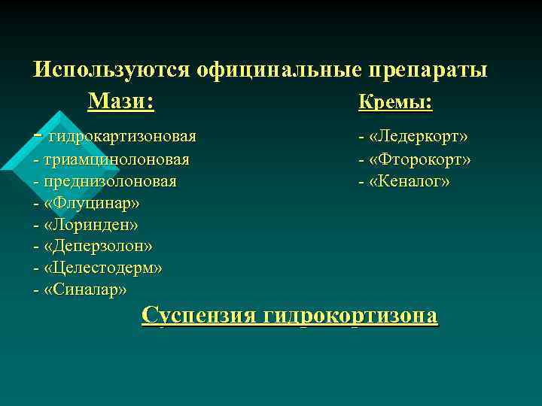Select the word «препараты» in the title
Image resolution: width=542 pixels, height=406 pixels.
[x=428, y=69]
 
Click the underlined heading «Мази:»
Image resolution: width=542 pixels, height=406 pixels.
[x=120, y=101]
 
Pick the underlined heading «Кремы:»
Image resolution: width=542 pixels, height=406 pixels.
[x=396, y=102]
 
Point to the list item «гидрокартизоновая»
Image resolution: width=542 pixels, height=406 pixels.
[x=122, y=136]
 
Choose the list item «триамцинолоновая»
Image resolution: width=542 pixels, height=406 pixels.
[x=117, y=159]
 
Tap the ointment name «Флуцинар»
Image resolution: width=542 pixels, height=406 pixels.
[x=92, y=203]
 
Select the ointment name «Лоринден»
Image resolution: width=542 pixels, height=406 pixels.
[x=91, y=225]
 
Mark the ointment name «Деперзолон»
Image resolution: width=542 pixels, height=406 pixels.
[x=99, y=247]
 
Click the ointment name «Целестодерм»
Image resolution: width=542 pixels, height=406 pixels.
[x=103, y=268]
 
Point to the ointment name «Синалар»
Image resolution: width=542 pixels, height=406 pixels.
[x=86, y=289]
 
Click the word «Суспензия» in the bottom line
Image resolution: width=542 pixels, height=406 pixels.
[x=199, y=314]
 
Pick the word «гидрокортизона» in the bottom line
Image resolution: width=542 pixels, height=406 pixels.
[x=350, y=314]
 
